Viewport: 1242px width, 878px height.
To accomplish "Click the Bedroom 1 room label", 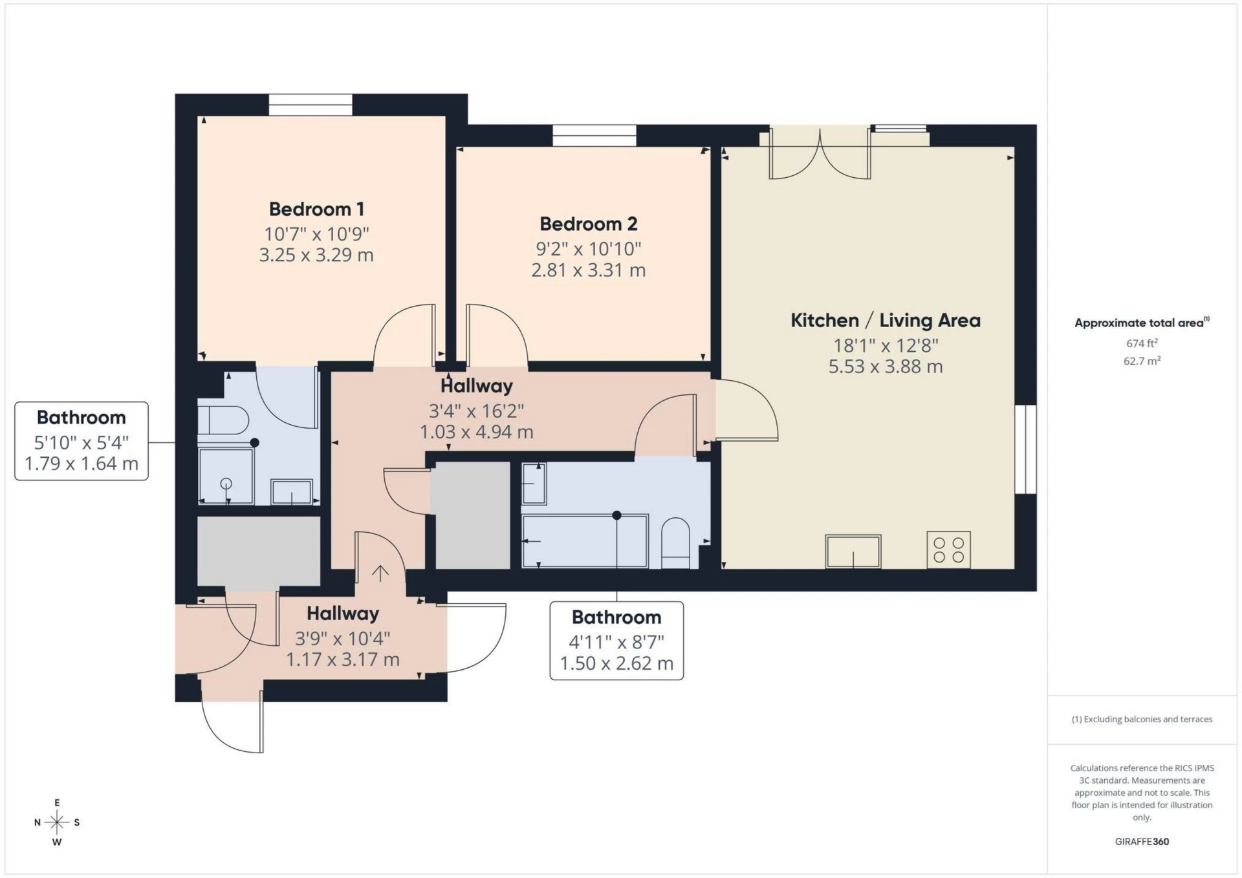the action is click(316, 209).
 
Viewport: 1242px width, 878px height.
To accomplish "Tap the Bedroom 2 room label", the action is click(589, 224).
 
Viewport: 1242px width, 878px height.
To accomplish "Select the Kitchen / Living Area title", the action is click(886, 321).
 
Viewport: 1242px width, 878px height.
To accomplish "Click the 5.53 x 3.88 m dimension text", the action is click(886, 367).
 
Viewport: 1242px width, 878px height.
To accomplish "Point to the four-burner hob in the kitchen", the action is click(948, 550).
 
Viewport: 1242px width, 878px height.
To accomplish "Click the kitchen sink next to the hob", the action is click(853, 551).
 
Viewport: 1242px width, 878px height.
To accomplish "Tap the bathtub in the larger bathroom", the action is click(585, 541).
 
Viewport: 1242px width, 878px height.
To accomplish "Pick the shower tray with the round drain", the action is click(226, 476).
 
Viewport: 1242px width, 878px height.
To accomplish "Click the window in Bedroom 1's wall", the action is click(310, 105).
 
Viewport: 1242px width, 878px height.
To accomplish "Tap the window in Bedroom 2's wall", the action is click(594, 136).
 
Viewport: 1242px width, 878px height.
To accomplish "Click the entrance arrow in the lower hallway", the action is click(380, 573).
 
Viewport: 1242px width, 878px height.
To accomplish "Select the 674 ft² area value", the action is click(1142, 343).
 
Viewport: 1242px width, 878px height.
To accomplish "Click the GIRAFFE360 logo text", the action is click(1142, 842).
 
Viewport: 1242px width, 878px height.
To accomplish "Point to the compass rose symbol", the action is click(57, 822).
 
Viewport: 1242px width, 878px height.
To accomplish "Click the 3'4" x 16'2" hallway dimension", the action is click(477, 411).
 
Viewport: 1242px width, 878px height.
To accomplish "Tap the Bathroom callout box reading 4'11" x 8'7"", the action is click(616, 641).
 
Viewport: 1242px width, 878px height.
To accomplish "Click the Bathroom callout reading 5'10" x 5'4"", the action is click(82, 441).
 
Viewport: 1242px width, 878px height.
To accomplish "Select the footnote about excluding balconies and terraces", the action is click(1142, 719).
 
